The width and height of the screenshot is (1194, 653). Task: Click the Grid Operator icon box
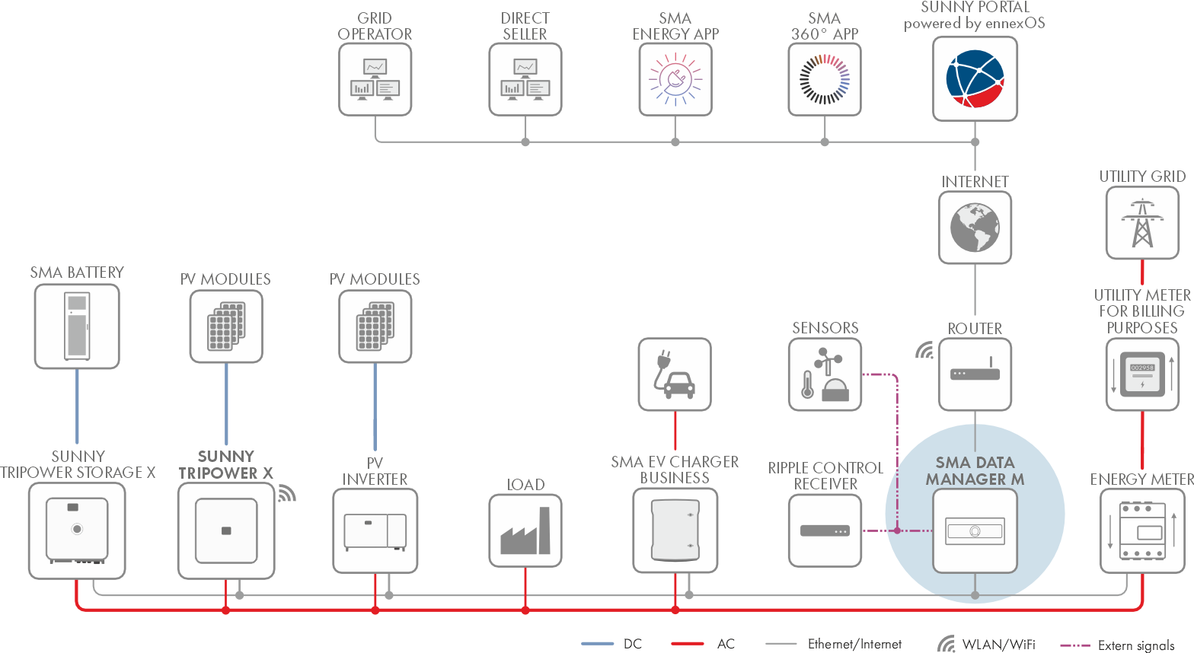point(375,79)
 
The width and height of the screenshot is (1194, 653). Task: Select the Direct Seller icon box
point(525,79)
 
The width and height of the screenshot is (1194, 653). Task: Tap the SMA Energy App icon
point(675,79)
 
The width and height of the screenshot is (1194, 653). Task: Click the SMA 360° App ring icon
point(825,79)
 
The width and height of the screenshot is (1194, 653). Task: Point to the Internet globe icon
point(975,228)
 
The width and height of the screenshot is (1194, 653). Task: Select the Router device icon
point(975,374)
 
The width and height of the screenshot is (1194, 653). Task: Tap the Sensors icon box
point(825,374)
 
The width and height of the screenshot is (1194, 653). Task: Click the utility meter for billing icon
point(1142,374)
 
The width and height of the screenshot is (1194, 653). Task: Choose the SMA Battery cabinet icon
point(77,326)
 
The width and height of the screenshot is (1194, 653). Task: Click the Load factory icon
point(525,530)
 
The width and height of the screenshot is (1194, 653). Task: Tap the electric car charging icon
point(675,374)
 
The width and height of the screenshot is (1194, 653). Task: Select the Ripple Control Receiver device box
point(825,530)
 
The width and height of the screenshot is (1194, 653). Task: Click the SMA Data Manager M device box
point(975,530)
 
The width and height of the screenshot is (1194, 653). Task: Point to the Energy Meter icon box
point(1142,530)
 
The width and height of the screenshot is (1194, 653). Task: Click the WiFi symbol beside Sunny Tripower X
point(286,493)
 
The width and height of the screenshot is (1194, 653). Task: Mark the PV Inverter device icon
point(375,530)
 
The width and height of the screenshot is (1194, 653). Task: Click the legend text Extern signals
point(1136,645)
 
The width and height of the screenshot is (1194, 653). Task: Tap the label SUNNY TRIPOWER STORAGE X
point(78,464)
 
